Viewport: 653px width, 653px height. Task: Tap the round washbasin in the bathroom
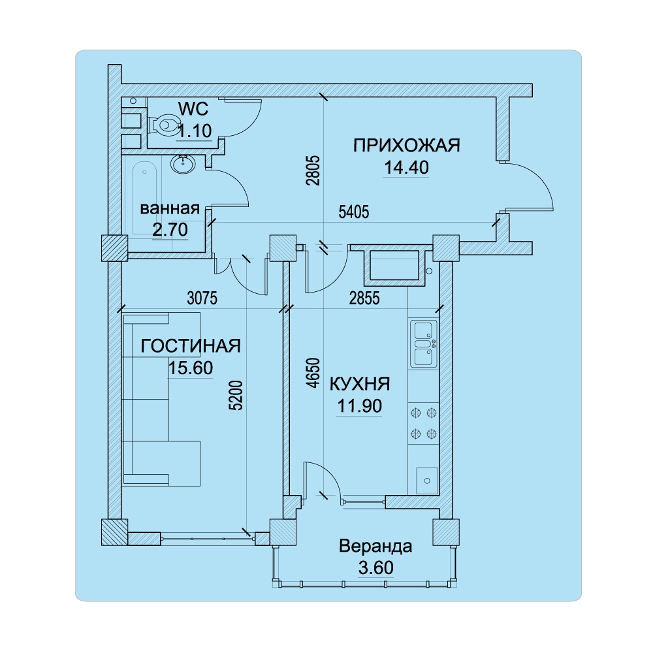[x=182, y=164]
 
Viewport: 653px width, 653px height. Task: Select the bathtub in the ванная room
[x=144, y=196]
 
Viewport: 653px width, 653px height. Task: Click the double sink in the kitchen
[x=424, y=343]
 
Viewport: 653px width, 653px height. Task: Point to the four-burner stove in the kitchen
[x=424, y=424]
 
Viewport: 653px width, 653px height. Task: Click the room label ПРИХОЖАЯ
[x=406, y=146]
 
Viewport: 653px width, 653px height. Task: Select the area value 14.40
[x=406, y=167]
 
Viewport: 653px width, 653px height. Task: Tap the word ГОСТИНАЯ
[x=191, y=345]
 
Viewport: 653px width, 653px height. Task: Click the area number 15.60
[x=191, y=368]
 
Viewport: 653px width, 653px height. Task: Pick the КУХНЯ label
[x=360, y=384]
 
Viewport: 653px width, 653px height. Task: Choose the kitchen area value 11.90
[x=359, y=406]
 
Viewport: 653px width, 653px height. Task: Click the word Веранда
[x=375, y=546]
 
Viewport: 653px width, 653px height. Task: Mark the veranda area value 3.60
[x=375, y=567]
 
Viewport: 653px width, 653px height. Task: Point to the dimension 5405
[x=354, y=212]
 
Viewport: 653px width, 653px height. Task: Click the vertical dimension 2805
[x=313, y=170]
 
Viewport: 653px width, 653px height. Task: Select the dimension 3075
[x=202, y=298]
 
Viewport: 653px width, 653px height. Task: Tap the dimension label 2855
[x=364, y=298]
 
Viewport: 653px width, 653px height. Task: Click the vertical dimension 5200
[x=236, y=396]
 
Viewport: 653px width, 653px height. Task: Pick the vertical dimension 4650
[x=313, y=373]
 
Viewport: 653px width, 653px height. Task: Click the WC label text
[x=193, y=109]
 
